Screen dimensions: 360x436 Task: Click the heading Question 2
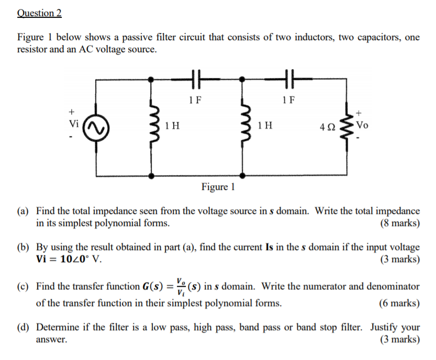[x=39, y=13]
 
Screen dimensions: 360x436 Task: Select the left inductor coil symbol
[x=152, y=126]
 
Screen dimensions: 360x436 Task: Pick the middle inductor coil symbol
[x=243, y=126]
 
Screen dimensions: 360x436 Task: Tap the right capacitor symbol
[x=287, y=80]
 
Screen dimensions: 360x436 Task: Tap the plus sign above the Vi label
[x=72, y=111]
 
